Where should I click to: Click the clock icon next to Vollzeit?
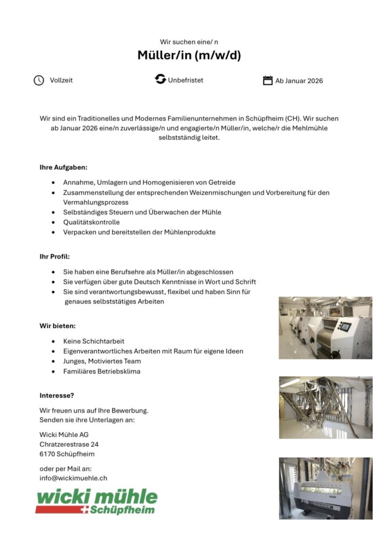(39, 80)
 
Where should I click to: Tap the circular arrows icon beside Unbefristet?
(160, 80)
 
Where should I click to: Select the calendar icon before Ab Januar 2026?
(268, 80)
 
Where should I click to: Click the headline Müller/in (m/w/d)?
(189, 55)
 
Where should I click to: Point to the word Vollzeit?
(61, 80)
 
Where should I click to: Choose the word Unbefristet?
(185, 80)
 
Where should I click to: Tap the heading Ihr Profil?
(54, 257)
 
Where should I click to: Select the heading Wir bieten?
(58, 325)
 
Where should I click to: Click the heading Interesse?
(56, 395)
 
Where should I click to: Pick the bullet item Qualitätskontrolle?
(91, 222)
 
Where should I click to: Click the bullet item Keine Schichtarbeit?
(94, 341)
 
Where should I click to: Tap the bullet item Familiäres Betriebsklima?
(102, 371)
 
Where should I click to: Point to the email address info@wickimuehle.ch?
(74, 478)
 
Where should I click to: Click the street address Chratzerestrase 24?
(69, 444)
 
